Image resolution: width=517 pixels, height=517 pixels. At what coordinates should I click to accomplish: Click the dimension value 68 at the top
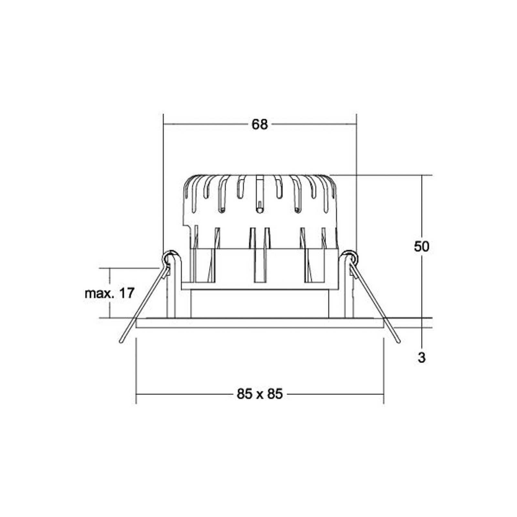tap(260, 124)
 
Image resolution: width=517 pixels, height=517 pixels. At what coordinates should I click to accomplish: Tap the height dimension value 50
tap(421, 247)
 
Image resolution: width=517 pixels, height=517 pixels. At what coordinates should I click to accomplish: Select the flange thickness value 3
tap(421, 358)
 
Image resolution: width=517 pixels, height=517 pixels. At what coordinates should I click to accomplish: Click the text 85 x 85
tap(260, 394)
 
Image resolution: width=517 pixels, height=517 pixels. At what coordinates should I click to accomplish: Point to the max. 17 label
tap(109, 294)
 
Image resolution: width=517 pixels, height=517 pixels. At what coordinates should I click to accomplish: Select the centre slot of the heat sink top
tap(259, 194)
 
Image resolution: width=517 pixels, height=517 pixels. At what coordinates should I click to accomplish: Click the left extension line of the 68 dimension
tap(164, 181)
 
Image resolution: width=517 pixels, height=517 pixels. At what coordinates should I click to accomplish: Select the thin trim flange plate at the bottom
tap(260, 323)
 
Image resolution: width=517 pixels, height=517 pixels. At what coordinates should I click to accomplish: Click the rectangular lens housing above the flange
tap(260, 304)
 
